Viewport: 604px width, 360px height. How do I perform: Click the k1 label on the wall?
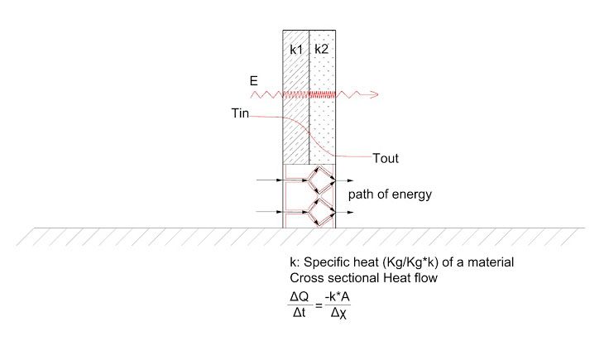pyautogui.click(x=295, y=50)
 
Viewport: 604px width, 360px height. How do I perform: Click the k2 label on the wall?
pyautogui.click(x=322, y=50)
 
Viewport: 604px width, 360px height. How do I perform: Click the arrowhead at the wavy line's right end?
pyautogui.click(x=376, y=94)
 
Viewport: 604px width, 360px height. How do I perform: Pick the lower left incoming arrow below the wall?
pyautogui.click(x=270, y=212)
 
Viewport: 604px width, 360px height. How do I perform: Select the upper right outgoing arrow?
pyautogui.click(x=347, y=180)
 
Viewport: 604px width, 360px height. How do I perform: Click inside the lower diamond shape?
pyautogui.click(x=321, y=212)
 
